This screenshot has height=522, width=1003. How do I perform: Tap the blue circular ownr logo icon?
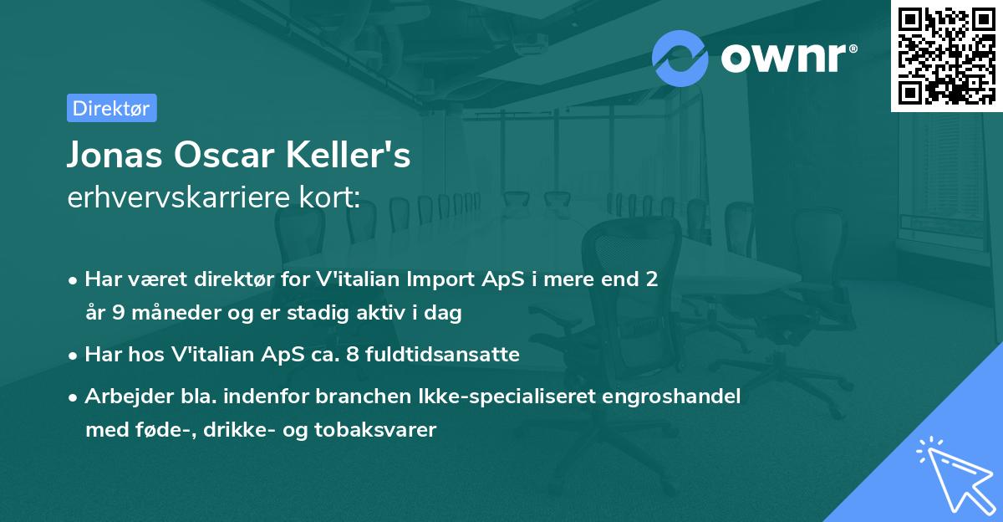680,58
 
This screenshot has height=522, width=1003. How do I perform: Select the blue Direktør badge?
111,107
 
